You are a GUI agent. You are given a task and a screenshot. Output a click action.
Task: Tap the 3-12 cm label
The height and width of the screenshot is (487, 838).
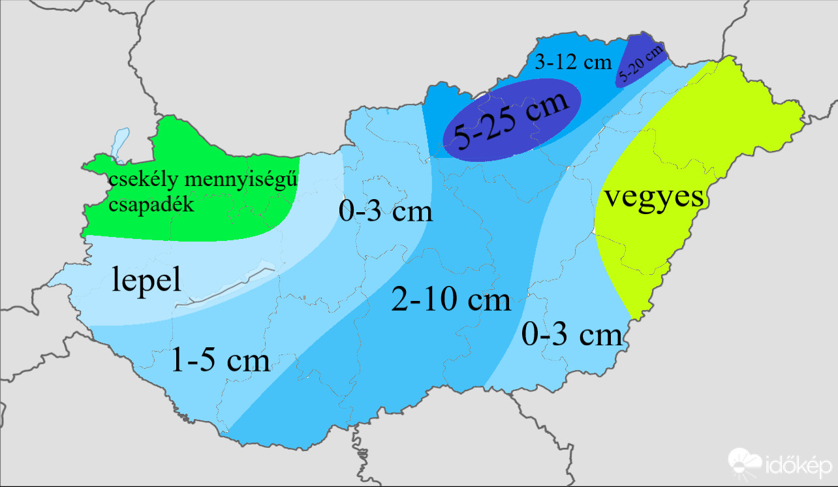pyautogui.click(x=572, y=63)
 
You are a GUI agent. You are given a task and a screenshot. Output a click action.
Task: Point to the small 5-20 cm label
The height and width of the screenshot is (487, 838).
pyautogui.click(x=641, y=63)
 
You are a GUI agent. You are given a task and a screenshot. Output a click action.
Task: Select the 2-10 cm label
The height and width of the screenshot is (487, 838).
pyautogui.click(x=450, y=300)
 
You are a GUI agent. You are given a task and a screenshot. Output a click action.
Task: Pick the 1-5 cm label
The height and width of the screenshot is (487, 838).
pyautogui.click(x=220, y=360)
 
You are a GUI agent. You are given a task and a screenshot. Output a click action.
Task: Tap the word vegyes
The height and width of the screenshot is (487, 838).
pyautogui.click(x=653, y=196)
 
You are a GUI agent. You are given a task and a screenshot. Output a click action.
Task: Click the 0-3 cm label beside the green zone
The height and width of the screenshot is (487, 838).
pyautogui.click(x=385, y=211)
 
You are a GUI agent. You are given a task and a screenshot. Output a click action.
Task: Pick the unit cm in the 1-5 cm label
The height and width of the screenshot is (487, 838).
pyautogui.click(x=249, y=360)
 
